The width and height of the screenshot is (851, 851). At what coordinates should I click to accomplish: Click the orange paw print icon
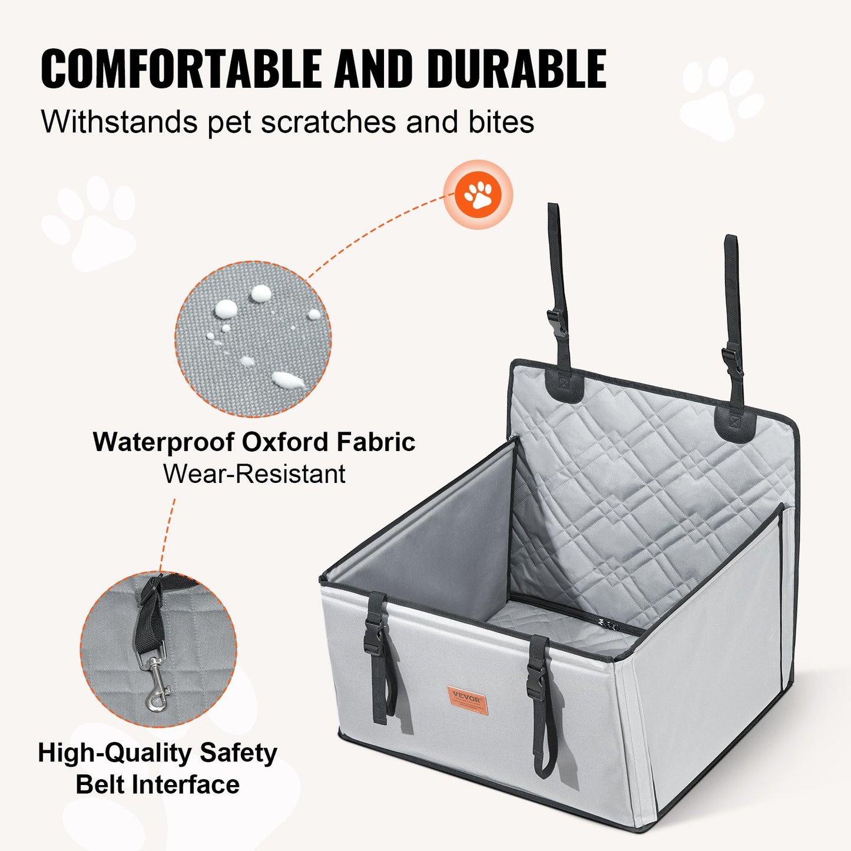478,194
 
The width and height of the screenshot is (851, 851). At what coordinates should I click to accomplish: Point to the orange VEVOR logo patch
467,699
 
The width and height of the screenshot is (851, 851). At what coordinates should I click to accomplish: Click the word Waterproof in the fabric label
164,442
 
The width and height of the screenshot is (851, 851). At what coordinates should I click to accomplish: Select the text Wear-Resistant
254,474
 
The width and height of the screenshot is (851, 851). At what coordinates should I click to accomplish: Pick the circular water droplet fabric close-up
253,339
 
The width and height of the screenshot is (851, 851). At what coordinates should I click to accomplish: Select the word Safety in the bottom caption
238,753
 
